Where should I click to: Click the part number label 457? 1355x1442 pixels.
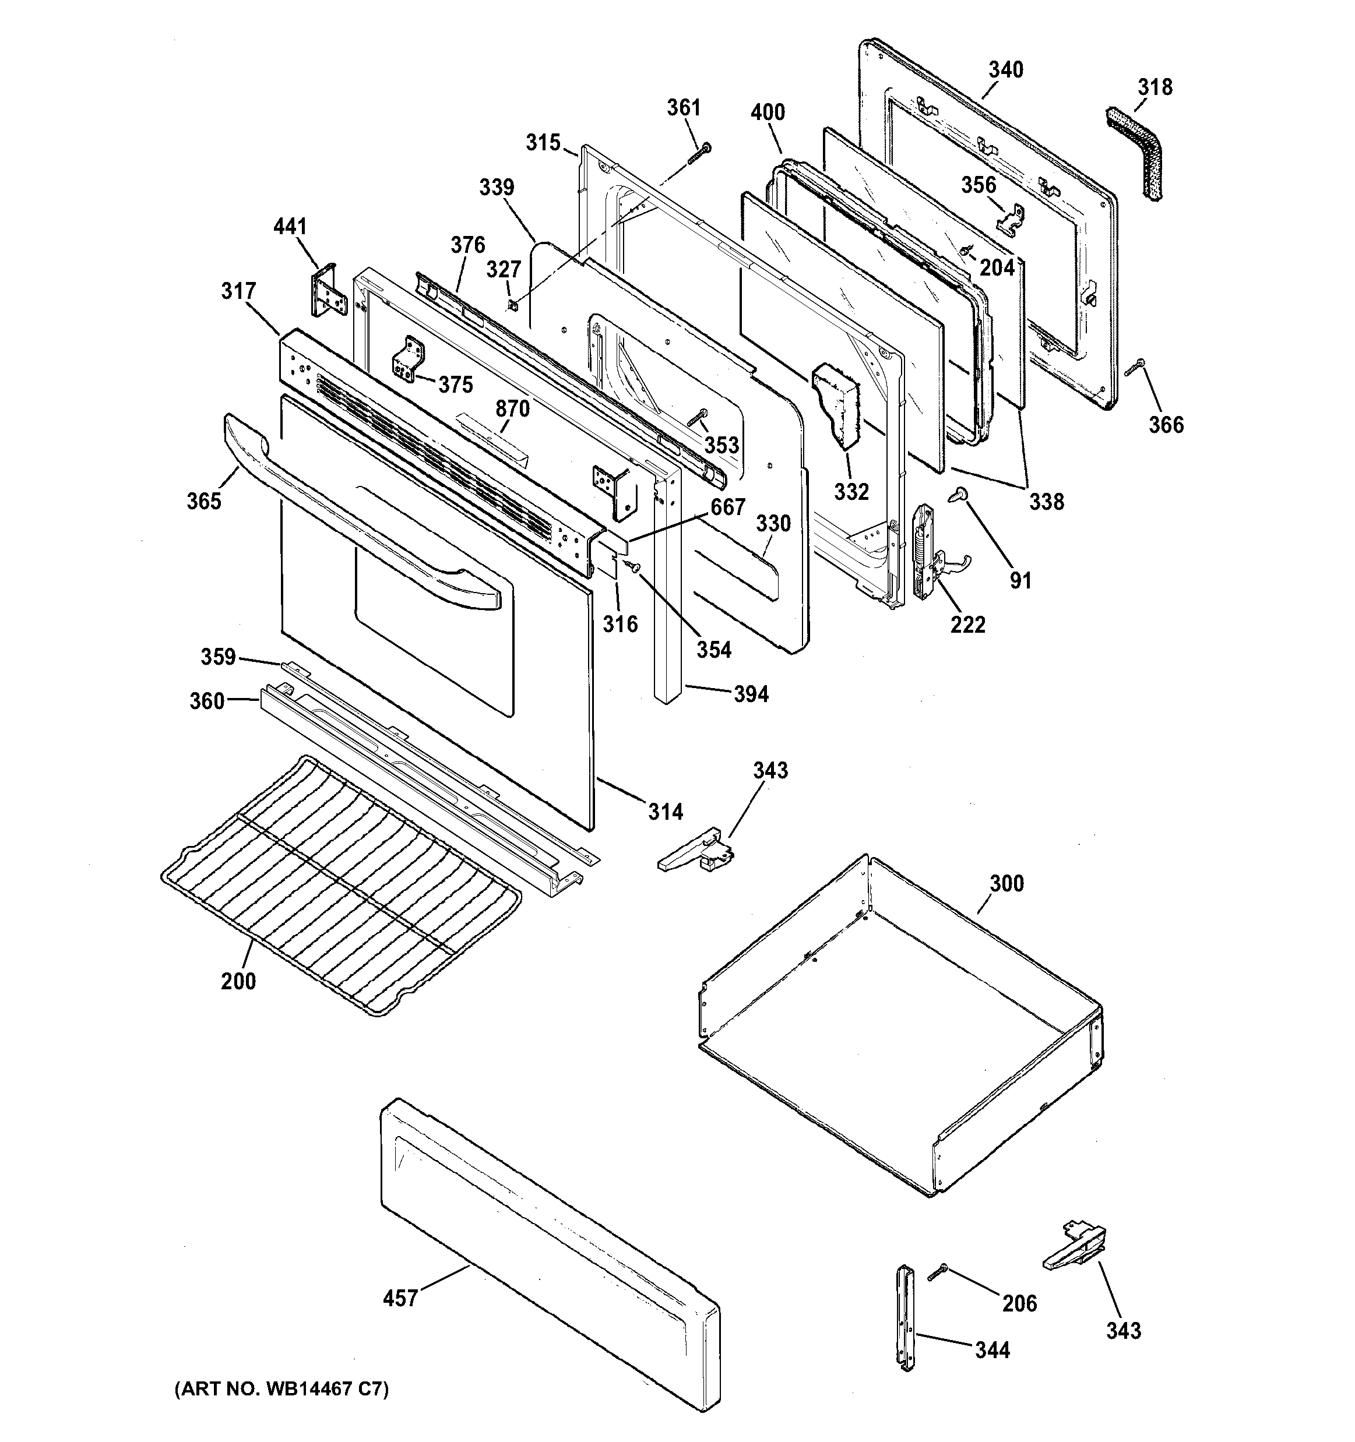coord(400,1298)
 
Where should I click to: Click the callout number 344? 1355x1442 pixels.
coord(991,1350)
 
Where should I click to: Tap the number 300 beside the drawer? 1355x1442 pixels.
coord(1006,883)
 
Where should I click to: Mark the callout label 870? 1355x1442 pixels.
coord(512,409)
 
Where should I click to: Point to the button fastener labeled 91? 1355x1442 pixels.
coord(958,495)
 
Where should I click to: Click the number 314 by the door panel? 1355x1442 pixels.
coord(665,812)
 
